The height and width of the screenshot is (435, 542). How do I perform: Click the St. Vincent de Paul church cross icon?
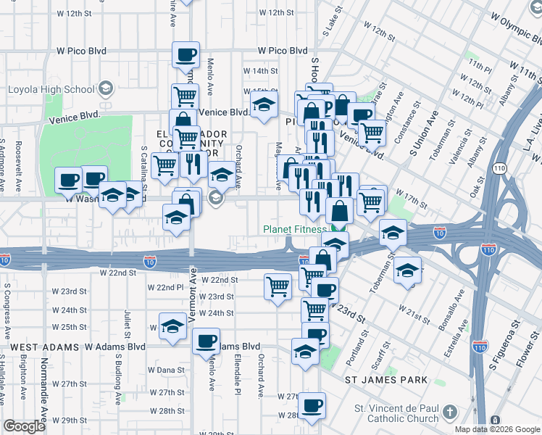coord(449,413)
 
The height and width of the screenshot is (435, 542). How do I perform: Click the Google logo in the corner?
coord(24,426)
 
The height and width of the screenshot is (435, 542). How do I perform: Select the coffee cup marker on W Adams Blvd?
coord(206,340)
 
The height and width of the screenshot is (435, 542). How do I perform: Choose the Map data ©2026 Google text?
coord(497,429)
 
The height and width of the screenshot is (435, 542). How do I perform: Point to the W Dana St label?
coord(170,370)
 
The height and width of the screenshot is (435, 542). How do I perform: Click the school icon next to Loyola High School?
coord(106,90)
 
